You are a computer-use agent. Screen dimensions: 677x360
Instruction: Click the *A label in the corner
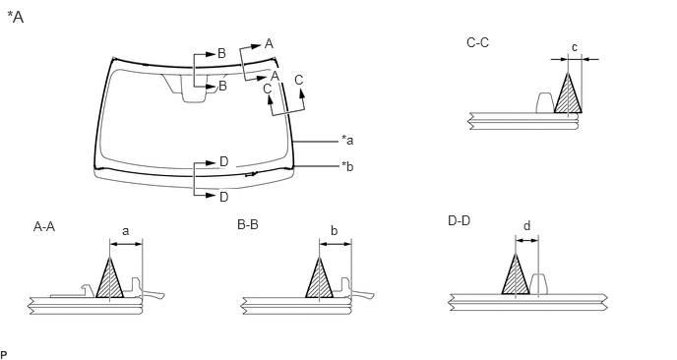click(x=16, y=17)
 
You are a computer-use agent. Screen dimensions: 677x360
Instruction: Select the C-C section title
click(x=477, y=42)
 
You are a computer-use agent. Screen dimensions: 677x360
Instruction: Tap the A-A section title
click(x=44, y=226)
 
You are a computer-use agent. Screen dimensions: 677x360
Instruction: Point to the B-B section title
click(x=248, y=225)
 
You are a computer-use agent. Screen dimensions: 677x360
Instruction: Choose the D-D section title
click(x=459, y=221)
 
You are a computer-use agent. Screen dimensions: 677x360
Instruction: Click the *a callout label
click(x=347, y=141)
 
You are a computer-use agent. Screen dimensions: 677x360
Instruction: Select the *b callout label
click(x=347, y=166)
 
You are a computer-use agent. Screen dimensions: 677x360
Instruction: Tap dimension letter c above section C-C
click(x=575, y=47)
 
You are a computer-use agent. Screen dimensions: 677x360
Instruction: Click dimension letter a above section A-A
click(x=125, y=232)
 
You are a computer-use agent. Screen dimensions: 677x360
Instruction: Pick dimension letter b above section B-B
click(x=335, y=231)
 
